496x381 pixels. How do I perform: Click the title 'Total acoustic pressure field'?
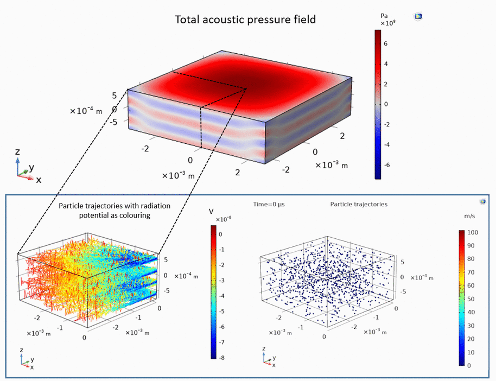point(245,20)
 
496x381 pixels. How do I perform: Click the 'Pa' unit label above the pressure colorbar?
point(383,17)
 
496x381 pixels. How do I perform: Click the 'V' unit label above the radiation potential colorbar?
point(212,211)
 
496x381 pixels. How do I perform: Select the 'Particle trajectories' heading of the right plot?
point(358,205)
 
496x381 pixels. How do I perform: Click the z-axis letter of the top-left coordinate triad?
point(18,151)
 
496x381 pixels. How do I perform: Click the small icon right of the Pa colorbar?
point(418,16)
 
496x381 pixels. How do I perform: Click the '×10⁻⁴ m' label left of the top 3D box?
point(86,111)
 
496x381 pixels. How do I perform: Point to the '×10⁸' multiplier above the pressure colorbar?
point(387,24)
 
